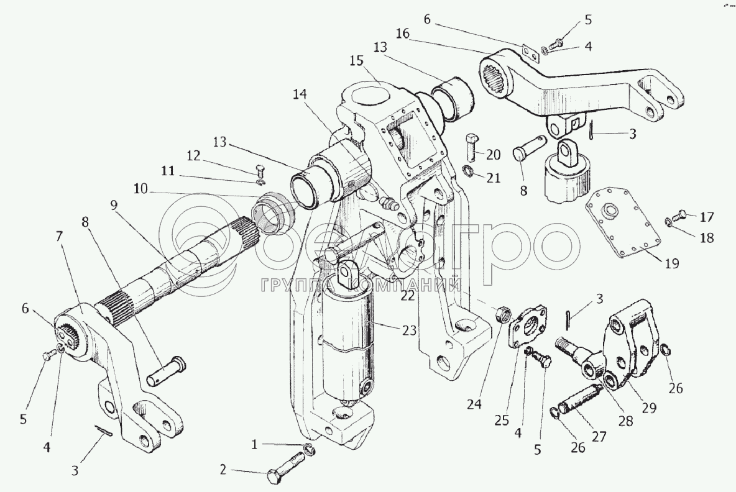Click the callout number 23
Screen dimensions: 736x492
pos(409,330)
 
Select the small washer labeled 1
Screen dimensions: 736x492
pos(310,449)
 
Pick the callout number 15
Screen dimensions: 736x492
pos(356,61)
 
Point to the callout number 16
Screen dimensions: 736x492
pos(402,34)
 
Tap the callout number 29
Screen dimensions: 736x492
pos(649,408)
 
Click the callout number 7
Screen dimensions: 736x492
pos(59,236)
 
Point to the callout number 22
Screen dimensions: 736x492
pos(408,296)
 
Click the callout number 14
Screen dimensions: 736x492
pos(300,94)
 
